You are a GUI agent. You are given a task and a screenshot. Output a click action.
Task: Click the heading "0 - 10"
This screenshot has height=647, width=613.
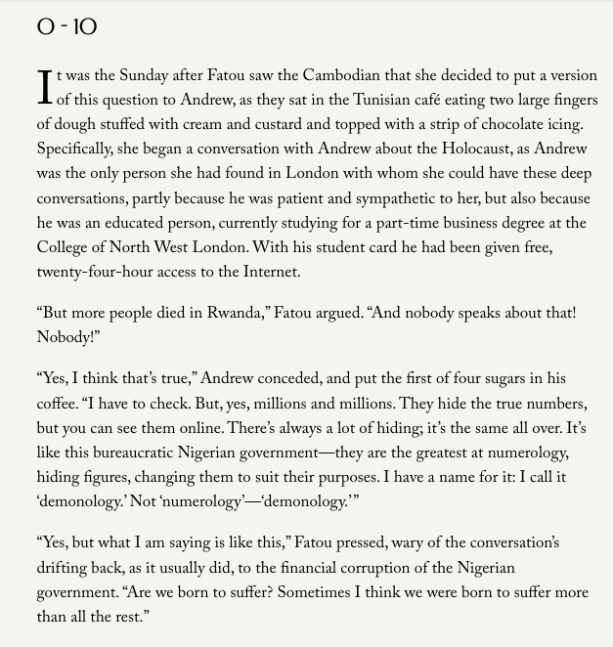click(x=66, y=26)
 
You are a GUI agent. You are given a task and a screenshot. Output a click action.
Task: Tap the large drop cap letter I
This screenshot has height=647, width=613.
click(x=44, y=87)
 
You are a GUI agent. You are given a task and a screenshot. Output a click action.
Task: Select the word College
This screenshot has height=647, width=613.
click(x=64, y=248)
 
